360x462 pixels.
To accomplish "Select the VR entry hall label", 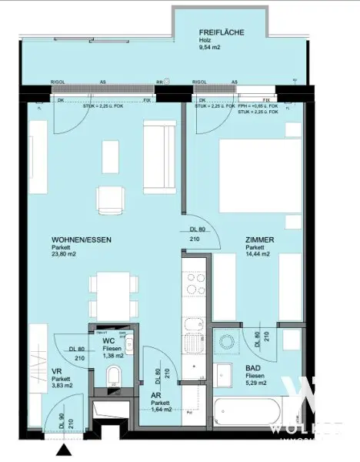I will point(35,370).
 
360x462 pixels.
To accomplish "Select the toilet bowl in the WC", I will point(114,377).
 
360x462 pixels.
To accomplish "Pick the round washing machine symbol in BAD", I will point(227,340).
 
